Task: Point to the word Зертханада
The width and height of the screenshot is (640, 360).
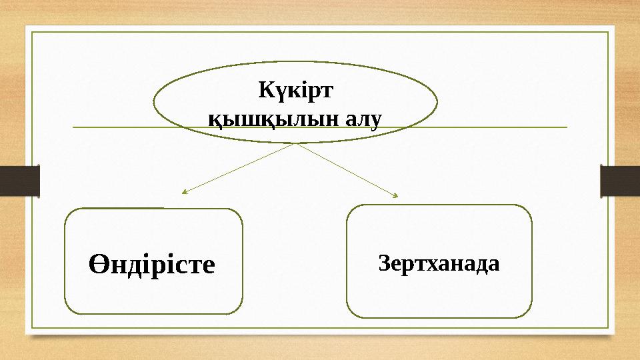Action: coord(439,263)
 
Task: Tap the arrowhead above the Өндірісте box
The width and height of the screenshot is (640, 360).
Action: coord(184,193)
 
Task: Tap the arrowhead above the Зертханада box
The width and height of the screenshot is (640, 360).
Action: coord(395,195)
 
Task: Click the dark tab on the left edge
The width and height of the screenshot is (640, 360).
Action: coord(19,181)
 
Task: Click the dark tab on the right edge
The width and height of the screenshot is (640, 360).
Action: coord(620,181)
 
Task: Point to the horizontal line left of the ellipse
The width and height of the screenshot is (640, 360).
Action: coord(113,127)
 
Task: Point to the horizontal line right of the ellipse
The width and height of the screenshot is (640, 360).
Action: coord(500,127)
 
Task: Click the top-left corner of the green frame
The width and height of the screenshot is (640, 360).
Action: coord(33,31)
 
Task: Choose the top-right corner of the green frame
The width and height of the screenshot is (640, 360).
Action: coord(608,31)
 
